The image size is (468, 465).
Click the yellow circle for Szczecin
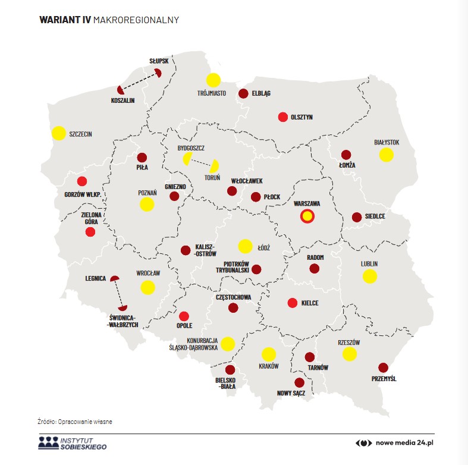58,133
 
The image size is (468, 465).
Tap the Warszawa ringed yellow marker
307,217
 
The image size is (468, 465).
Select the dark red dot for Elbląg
243,93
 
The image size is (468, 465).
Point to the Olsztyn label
301,118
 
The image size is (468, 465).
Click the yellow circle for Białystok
387,155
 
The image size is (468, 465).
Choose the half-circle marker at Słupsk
158,74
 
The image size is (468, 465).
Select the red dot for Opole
184,316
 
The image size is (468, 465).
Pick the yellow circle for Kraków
269,354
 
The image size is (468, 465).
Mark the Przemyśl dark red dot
383,368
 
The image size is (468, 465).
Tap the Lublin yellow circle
370,276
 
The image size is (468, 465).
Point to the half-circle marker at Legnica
115,278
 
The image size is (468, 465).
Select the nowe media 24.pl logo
395,443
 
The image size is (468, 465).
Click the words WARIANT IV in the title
63,20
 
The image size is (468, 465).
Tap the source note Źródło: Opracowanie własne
75,422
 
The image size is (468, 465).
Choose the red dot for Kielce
293,303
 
